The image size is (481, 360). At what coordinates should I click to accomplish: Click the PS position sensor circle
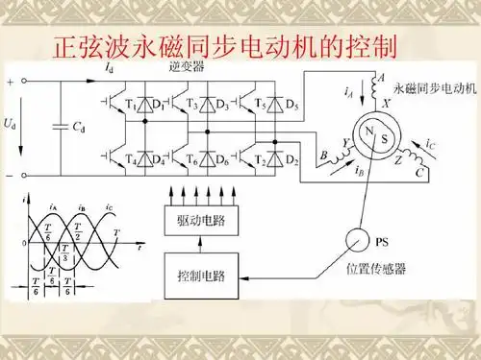(360, 238)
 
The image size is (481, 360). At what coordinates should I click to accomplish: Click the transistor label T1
(132, 102)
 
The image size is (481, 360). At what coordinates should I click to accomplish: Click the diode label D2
(292, 159)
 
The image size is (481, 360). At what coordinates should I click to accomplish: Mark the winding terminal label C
(420, 174)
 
